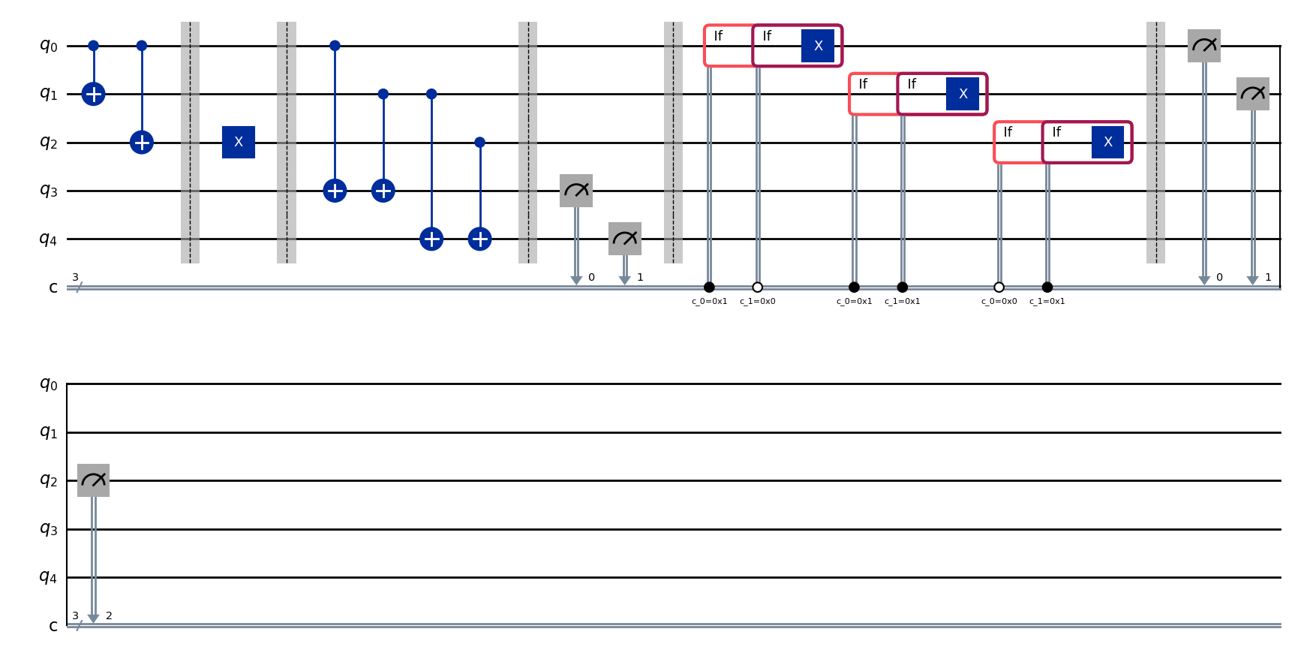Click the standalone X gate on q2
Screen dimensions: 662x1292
(x=239, y=142)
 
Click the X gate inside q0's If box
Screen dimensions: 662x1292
(x=818, y=46)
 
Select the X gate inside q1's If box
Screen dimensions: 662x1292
(x=963, y=94)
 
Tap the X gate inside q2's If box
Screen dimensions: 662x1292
(x=1107, y=142)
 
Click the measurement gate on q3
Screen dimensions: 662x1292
(x=576, y=191)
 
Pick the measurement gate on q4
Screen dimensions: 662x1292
(x=624, y=239)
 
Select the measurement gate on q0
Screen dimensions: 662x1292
(x=1204, y=46)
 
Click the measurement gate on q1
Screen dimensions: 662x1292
(x=1252, y=94)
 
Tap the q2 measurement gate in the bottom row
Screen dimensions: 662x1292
(x=93, y=480)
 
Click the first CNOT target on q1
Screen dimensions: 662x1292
(x=93, y=94)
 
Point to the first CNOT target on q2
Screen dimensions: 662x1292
(x=142, y=142)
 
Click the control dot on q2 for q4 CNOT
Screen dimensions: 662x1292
(x=480, y=142)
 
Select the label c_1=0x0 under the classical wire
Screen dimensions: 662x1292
(x=758, y=301)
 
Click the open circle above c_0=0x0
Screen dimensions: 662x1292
(x=999, y=287)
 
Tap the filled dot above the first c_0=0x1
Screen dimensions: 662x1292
(x=709, y=287)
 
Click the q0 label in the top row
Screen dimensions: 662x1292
(x=48, y=46)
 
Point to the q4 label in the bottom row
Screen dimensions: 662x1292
(x=48, y=576)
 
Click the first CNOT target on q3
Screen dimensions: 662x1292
(x=335, y=191)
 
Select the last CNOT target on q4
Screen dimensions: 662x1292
(x=480, y=239)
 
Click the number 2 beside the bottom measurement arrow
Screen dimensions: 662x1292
(x=110, y=615)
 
